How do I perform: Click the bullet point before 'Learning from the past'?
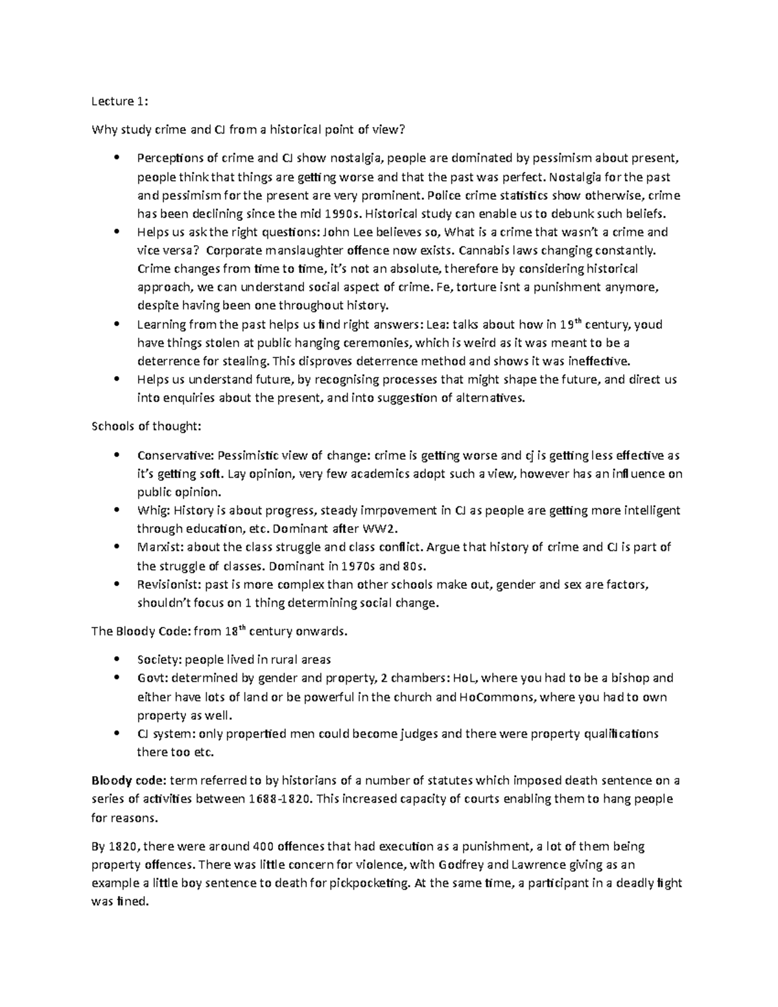click(x=117, y=324)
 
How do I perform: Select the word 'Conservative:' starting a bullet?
click(x=174, y=455)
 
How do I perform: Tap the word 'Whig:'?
click(x=152, y=511)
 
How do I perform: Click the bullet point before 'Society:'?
click(x=117, y=659)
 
